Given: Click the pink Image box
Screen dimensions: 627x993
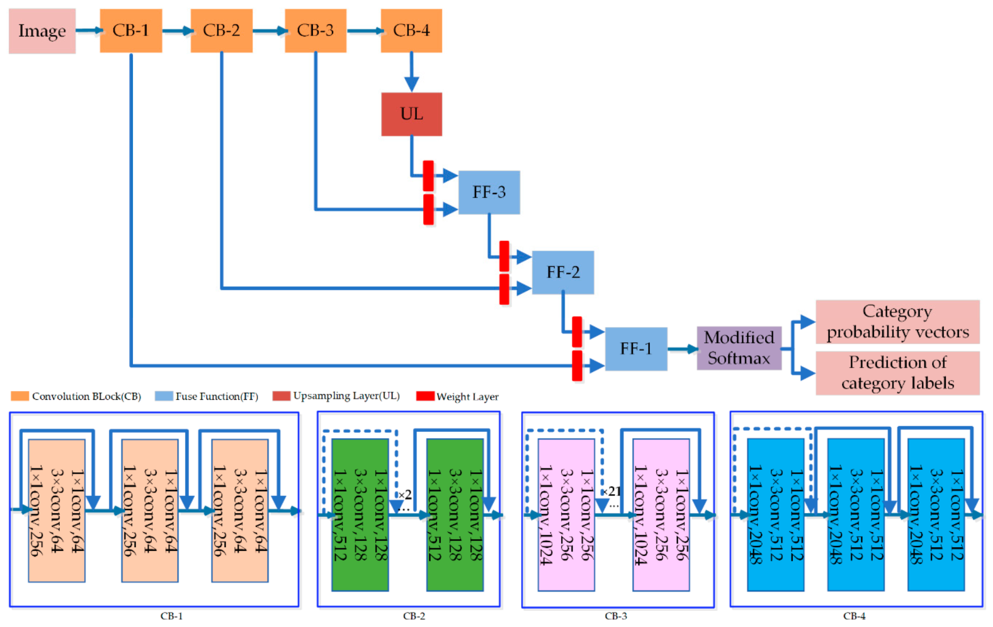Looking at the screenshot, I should pyautogui.click(x=42, y=31).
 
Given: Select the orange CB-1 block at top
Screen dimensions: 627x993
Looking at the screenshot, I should pyautogui.click(x=131, y=30).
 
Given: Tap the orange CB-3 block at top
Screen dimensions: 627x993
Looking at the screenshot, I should pyautogui.click(x=315, y=30).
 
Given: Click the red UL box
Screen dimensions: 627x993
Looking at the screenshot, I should pyautogui.click(x=411, y=114).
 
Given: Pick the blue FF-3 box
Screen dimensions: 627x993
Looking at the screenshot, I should pyautogui.click(x=489, y=192).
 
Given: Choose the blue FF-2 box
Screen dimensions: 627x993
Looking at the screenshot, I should pyautogui.click(x=562, y=272).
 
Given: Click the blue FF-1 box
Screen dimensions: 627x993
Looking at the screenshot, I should pyautogui.click(x=636, y=349).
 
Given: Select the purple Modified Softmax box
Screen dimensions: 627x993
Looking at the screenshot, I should pyautogui.click(x=739, y=348).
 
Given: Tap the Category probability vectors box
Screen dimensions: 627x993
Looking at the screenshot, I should pyautogui.click(x=897, y=322).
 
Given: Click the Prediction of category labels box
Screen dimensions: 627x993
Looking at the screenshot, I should pyautogui.click(x=897, y=373).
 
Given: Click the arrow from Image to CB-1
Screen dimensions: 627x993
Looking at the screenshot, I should pyautogui.click(x=88, y=30).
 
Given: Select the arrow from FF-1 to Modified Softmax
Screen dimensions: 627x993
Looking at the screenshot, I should pyautogui.click(x=682, y=349).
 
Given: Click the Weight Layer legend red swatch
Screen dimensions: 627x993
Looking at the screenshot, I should pyautogui.click(x=425, y=396).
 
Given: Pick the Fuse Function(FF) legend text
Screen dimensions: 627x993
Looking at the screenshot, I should pyautogui.click(x=216, y=396).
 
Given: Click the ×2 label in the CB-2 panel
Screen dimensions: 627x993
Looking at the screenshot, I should pyautogui.click(x=405, y=495).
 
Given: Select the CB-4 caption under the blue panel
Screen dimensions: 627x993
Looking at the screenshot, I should pyautogui.click(x=854, y=616).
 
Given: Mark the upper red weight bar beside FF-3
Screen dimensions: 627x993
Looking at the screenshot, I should pyautogui.click(x=428, y=175).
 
